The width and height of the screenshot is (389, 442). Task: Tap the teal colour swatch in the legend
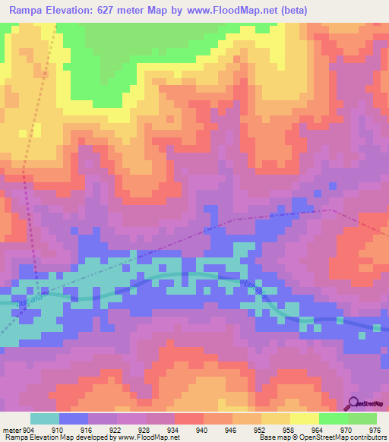coord(45,418)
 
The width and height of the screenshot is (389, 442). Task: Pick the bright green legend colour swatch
coord(334,418)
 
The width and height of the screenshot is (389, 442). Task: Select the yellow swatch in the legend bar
coord(305,418)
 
